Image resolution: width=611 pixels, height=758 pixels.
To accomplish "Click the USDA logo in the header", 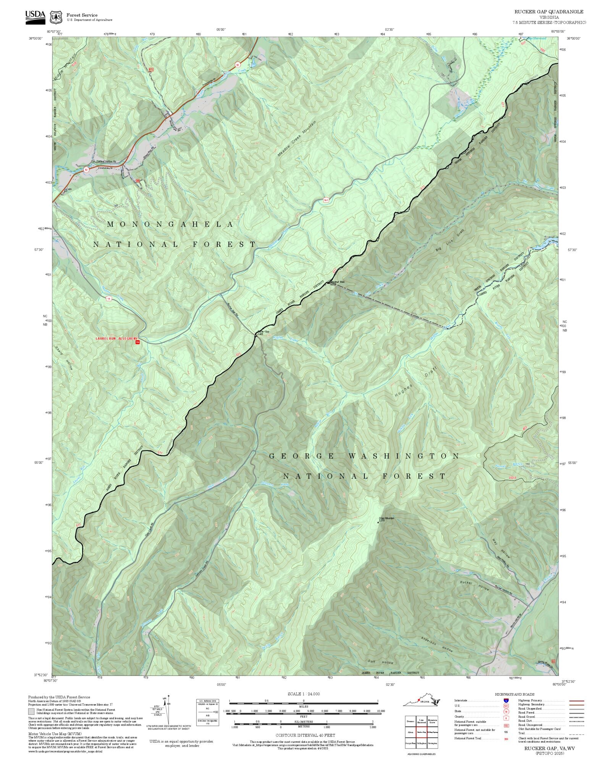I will click(x=35, y=17).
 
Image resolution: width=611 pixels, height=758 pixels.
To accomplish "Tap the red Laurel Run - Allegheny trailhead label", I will click(x=116, y=339).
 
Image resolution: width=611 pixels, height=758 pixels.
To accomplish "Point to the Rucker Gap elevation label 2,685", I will click(x=260, y=334).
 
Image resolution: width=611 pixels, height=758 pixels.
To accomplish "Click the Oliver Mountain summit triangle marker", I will click(x=378, y=523).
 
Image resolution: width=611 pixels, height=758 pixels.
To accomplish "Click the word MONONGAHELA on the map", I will click(x=170, y=224).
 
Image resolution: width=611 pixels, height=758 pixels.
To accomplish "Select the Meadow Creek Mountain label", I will click(x=297, y=140).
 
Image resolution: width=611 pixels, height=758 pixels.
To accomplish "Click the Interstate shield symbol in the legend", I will click(x=506, y=701).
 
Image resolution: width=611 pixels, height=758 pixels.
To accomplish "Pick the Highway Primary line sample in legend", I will click(x=576, y=701).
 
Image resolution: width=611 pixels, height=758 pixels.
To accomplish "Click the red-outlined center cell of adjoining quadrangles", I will click(x=422, y=732).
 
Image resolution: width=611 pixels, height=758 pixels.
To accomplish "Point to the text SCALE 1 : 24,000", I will click(x=304, y=694).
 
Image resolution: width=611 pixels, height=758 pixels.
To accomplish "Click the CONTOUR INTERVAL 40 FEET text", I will click(x=305, y=735).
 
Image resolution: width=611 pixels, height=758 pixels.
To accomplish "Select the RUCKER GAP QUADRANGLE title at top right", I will click(x=549, y=12).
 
